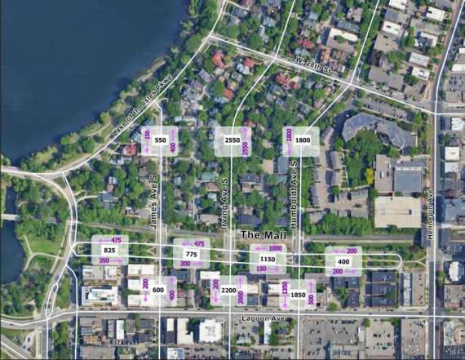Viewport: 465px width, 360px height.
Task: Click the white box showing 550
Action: pos(161,140)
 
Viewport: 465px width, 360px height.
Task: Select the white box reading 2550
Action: pos(232,140)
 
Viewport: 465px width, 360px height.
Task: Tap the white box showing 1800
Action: pos(303,140)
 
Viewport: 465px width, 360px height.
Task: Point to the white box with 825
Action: pos(109,250)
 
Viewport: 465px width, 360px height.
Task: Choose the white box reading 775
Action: pos(192,255)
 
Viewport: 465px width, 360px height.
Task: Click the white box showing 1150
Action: pos(268,259)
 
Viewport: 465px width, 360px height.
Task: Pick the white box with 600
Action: pos(158,290)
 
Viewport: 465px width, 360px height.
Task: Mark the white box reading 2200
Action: pos(228,290)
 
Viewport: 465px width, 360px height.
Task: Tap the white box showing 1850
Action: pos(298,294)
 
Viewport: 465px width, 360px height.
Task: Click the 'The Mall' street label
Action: pos(261,235)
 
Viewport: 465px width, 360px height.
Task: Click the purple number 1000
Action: pos(275,248)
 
